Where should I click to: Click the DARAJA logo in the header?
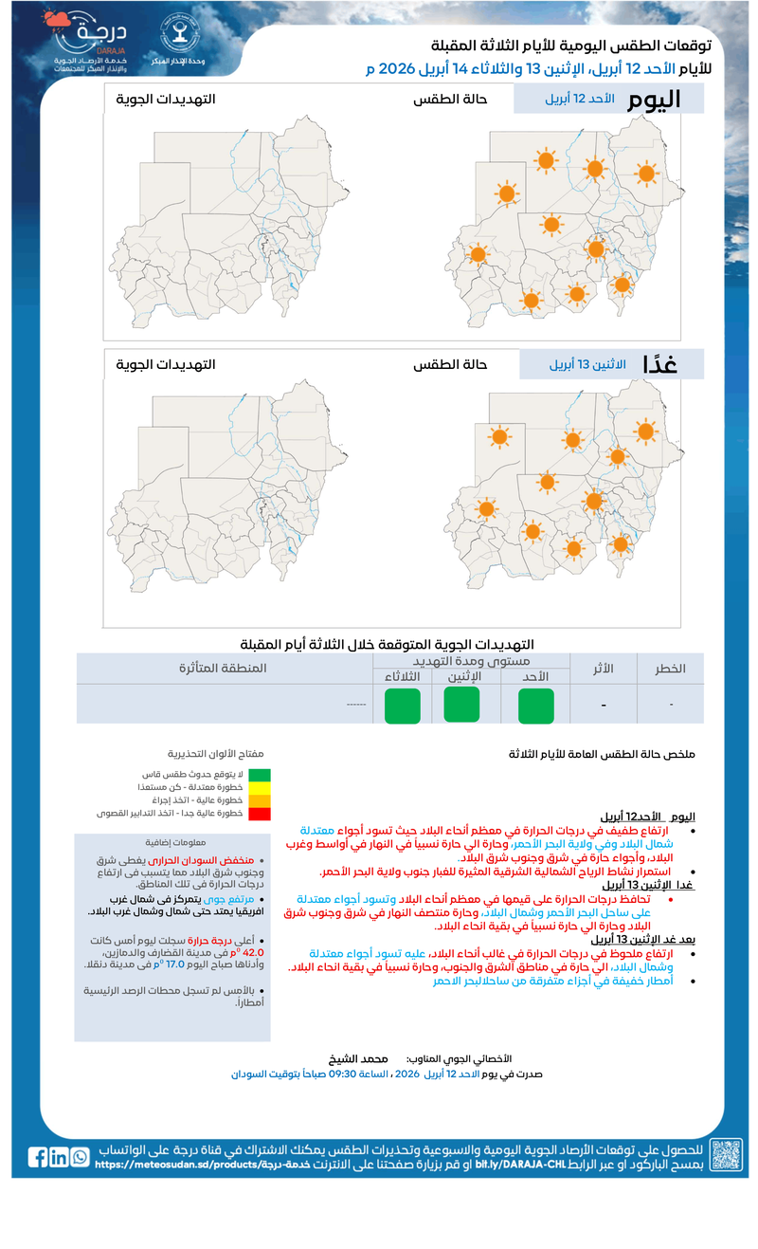[x=90, y=43]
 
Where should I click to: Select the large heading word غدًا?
[x=659, y=364]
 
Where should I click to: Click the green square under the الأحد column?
[x=535, y=707]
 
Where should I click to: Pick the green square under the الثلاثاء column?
[x=402, y=707]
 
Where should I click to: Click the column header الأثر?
[x=603, y=669]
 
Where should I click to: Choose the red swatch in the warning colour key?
[x=260, y=814]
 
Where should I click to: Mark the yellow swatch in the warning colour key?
[x=260, y=788]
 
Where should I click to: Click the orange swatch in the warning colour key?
[x=260, y=800]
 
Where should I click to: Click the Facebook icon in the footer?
[x=38, y=1156]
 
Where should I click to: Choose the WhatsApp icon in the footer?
[x=80, y=1156]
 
